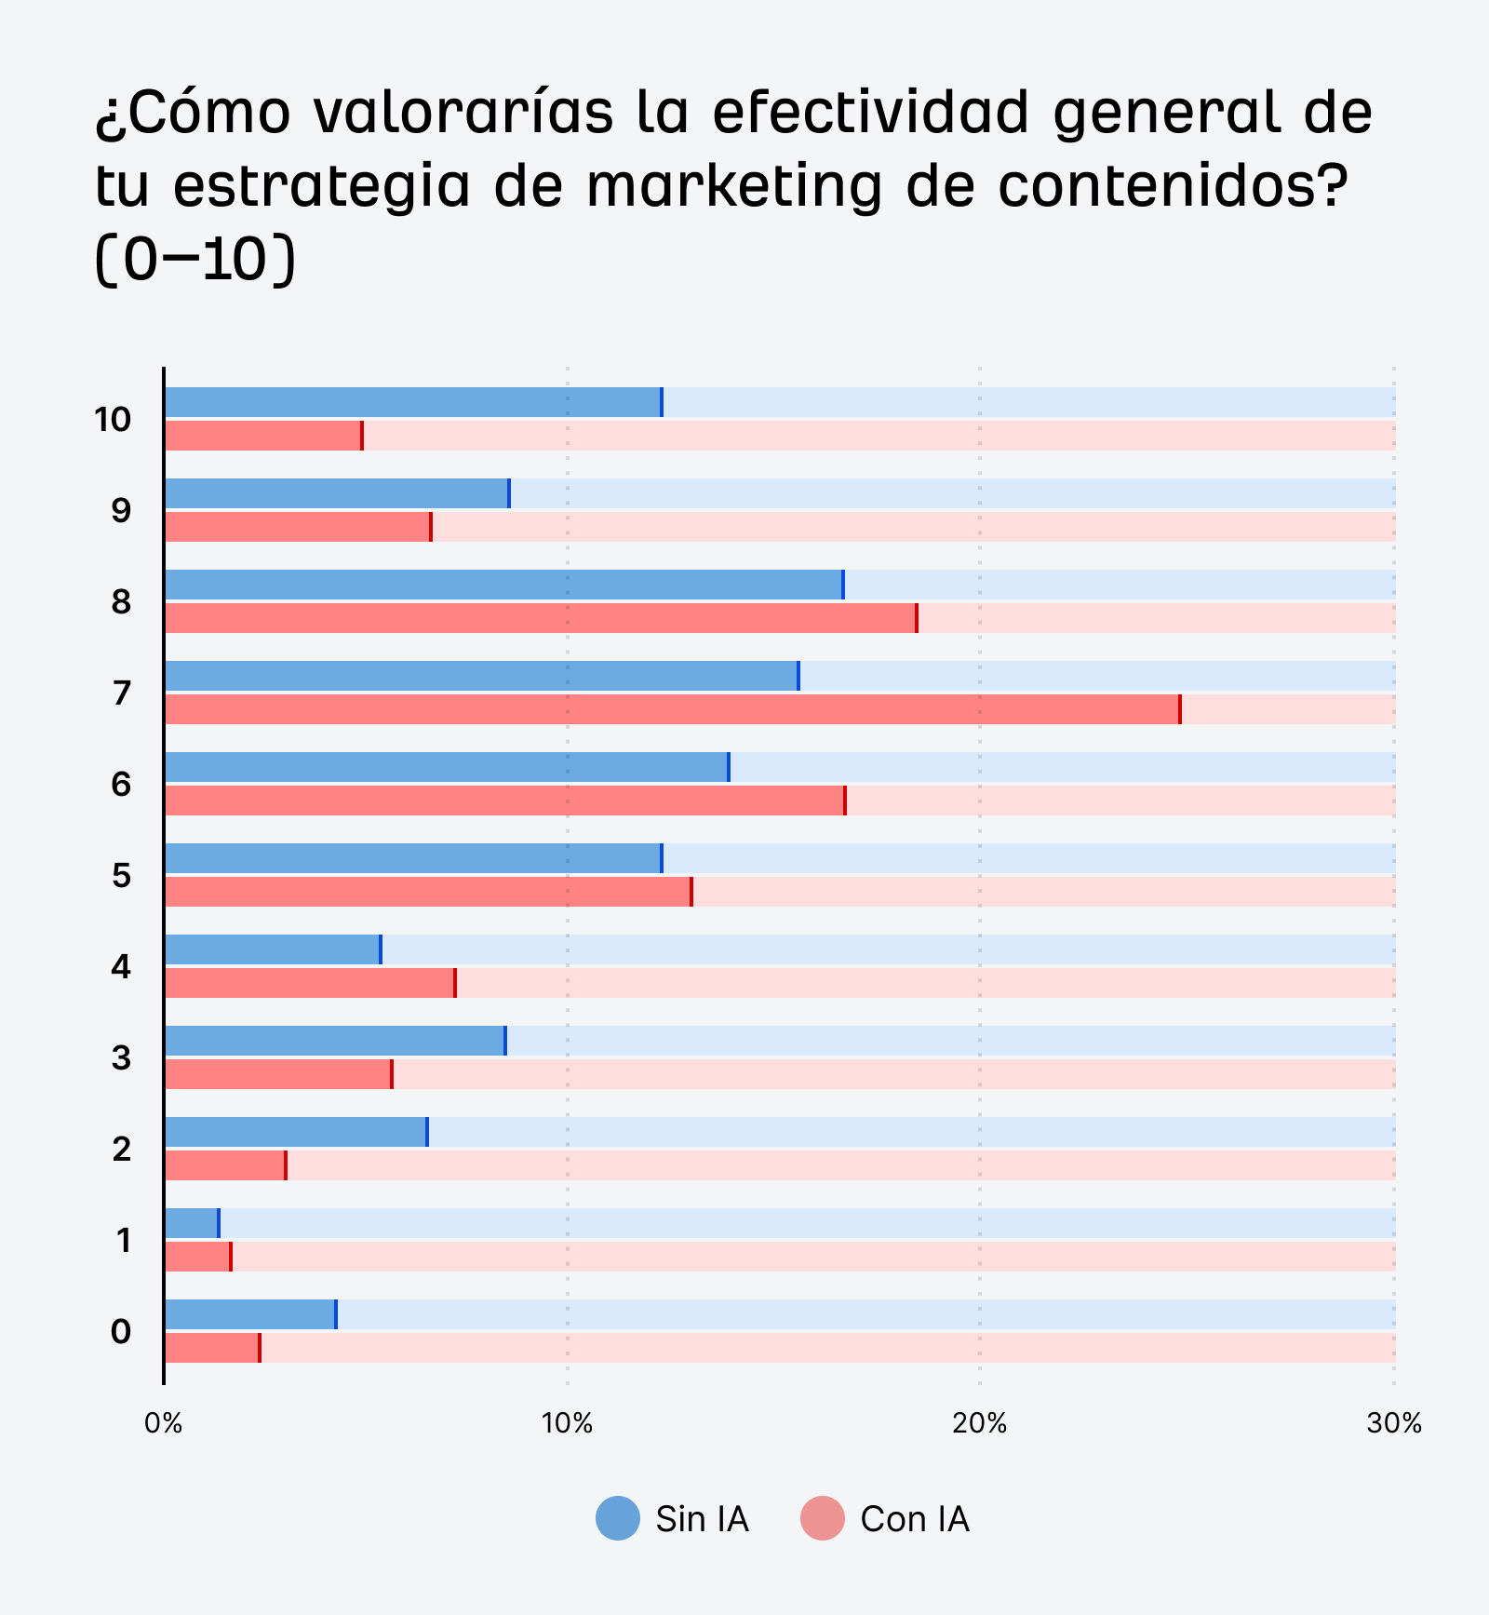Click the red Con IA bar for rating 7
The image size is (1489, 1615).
click(672, 709)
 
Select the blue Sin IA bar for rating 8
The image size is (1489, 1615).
click(503, 585)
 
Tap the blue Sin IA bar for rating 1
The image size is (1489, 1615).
click(191, 1223)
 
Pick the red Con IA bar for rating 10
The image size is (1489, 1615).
click(263, 436)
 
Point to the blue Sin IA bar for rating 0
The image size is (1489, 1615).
click(249, 1314)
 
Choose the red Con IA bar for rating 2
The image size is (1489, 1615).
click(224, 1165)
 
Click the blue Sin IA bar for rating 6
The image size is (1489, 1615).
click(446, 767)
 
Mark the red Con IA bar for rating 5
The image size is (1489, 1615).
click(427, 892)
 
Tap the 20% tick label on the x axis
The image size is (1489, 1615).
click(980, 1423)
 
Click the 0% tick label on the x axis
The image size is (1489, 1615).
click(164, 1423)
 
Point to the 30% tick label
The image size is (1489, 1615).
click(1393, 1423)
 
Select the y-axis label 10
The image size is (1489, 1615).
click(113, 420)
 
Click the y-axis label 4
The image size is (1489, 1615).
click(121, 967)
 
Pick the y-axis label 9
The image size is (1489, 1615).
click(121, 511)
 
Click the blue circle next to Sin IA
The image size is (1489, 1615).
click(618, 1518)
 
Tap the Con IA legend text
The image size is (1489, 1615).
click(914, 1519)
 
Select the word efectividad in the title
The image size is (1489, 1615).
click(872, 112)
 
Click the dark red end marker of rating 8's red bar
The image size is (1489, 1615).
click(917, 618)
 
